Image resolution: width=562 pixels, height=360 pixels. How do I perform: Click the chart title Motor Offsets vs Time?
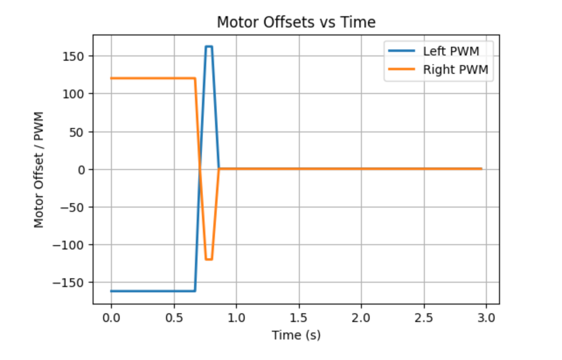pyautogui.click(x=296, y=22)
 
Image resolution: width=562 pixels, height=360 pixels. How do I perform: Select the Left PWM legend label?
pyautogui.click(x=451, y=51)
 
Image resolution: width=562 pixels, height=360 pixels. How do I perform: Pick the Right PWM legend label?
pyautogui.click(x=455, y=69)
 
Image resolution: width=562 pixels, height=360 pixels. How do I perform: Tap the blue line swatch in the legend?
pyautogui.click(x=402, y=51)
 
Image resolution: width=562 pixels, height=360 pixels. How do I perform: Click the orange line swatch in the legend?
pyautogui.click(x=402, y=69)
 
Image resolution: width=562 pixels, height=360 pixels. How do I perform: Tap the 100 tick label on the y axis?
pyautogui.click(x=77, y=94)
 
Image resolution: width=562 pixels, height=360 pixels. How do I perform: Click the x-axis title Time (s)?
pyautogui.click(x=296, y=335)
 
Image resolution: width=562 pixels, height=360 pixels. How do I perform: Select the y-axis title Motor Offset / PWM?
pyautogui.click(x=39, y=170)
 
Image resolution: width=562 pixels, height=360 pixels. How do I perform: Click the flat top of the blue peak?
pyautogui.click(x=209, y=46)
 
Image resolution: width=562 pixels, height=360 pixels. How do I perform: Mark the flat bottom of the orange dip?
pyautogui.click(x=209, y=260)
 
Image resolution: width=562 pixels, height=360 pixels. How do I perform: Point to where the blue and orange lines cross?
pyautogui.click(x=200, y=170)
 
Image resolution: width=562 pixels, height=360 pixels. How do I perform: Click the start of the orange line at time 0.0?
pyautogui.click(x=111, y=79)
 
